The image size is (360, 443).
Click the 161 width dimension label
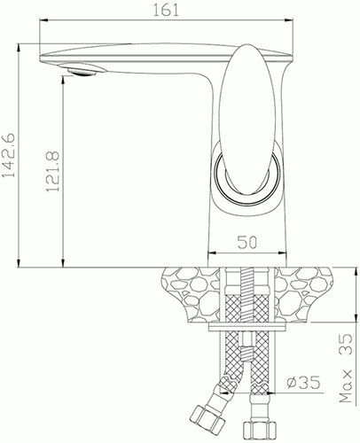[166, 10]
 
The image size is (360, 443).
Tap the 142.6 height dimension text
[9, 155]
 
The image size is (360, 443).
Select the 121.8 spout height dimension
[53, 171]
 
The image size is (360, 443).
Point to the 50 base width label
[247, 243]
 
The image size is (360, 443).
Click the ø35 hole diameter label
[303, 383]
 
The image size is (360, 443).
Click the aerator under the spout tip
[82, 71]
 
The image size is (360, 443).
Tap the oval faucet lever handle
[244, 120]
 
